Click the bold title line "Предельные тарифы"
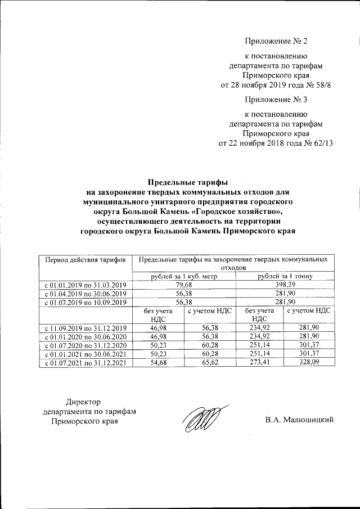(x=187, y=182)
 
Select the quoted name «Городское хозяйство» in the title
(x=237, y=211)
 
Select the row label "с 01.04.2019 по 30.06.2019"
(x=85, y=294)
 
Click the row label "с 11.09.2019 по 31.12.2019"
(x=85, y=327)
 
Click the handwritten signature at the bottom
(x=201, y=418)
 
